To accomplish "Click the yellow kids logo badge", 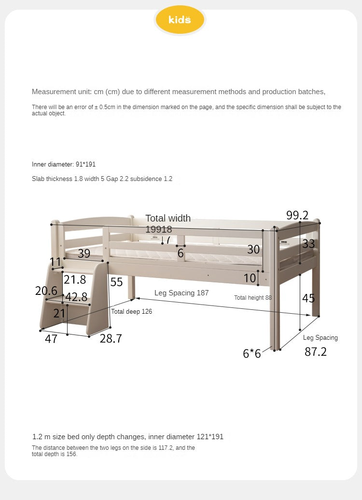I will [x=180, y=20].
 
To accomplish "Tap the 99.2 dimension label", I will [x=297, y=215].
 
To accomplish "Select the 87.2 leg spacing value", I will [x=315, y=352].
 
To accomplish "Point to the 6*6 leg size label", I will [x=251, y=354].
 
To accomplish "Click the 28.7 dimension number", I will [x=111, y=339].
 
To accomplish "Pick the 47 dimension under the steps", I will [x=51, y=339].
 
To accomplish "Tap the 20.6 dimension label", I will [x=46, y=291].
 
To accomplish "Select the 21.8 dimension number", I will [x=75, y=279].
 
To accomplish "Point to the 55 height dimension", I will [x=116, y=282].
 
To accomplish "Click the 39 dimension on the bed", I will [x=84, y=253].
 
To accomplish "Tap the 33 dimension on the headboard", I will [x=308, y=243].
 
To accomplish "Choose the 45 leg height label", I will [x=308, y=298].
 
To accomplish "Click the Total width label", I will [x=168, y=218].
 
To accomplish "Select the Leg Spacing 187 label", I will [x=181, y=293].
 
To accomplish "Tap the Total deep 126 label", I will [x=131, y=312].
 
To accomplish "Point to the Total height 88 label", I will [x=253, y=298].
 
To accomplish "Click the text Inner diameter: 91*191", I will [x=60, y=165].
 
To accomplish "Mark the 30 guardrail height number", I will [x=253, y=249].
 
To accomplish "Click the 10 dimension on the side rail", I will [x=250, y=278].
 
